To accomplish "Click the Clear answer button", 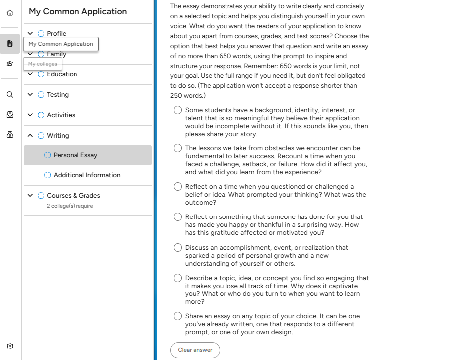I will (x=195, y=350).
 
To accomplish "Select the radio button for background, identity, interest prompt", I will (x=178, y=110).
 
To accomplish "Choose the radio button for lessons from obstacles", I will (x=178, y=148).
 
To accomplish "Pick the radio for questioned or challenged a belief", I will (x=178, y=187).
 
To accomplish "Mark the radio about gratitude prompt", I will (x=178, y=217).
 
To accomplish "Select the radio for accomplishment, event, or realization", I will (x=178, y=248).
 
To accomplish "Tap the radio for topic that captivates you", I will (x=178, y=278).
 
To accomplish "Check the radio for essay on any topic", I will (x=178, y=316).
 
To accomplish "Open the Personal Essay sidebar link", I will (x=75, y=155).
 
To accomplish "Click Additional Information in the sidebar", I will (x=87, y=175).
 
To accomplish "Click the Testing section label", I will (x=58, y=95).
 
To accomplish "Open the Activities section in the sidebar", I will (x=61, y=115).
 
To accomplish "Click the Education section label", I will (x=62, y=74).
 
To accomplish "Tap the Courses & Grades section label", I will (x=74, y=196).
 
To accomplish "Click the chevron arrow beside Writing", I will (x=30, y=136).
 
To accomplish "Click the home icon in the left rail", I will (x=10, y=12).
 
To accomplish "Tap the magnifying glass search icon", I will (x=10, y=94).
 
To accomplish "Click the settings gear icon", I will (x=10, y=346).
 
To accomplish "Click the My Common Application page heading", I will (x=77, y=12).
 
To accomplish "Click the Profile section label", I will (x=56, y=34).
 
